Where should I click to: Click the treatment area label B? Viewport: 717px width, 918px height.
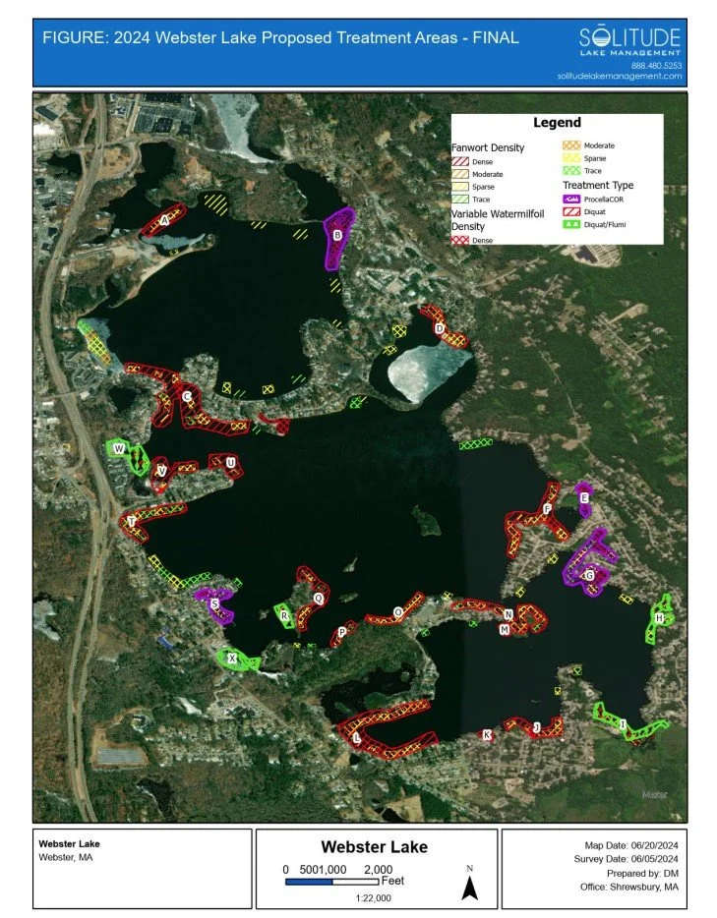tap(337, 235)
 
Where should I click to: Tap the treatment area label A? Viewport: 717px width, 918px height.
tap(165, 221)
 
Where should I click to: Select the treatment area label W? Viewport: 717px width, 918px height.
tap(119, 449)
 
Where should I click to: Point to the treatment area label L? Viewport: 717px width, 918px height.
tap(356, 736)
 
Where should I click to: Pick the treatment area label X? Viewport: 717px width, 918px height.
tap(232, 660)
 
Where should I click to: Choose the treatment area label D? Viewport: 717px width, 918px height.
tap(439, 328)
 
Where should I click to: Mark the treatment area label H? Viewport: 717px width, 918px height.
tap(658, 618)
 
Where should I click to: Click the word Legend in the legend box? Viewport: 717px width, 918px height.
tap(557, 123)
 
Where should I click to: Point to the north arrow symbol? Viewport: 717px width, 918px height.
tap(470, 889)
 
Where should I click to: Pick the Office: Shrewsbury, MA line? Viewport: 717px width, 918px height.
tap(629, 888)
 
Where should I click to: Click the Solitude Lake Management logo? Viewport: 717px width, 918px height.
tap(629, 41)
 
